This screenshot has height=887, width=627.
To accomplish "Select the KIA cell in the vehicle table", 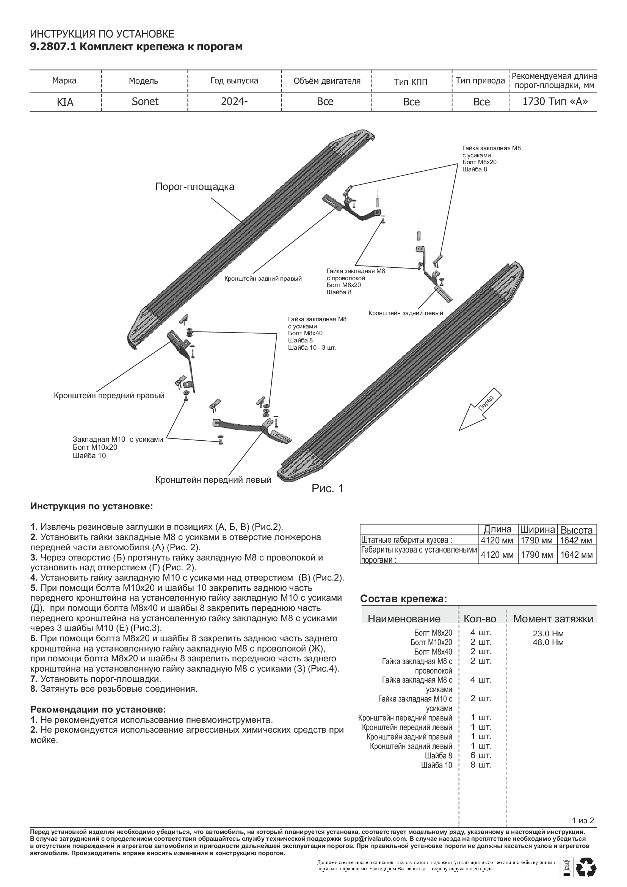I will coord(65,102).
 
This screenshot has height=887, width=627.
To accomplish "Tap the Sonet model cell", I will coord(145,102).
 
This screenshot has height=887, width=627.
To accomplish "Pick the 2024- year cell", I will coord(234,102).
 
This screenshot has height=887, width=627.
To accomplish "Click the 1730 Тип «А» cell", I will coord(555,102).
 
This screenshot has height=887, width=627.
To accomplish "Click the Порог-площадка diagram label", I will coord(194,187).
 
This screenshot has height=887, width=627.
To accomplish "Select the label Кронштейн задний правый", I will coord(263,279).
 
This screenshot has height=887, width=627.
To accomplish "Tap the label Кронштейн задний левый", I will coord(405,313).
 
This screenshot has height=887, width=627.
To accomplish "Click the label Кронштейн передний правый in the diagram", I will coord(109,396).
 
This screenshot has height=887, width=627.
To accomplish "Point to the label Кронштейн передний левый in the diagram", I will coord(213,480).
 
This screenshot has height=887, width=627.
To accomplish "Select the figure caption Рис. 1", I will coord(328,489).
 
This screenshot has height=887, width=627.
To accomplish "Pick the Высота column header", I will coord(577,530).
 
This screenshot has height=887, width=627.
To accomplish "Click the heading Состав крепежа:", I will coord(403,599).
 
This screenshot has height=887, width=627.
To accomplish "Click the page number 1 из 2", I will coord(583,831).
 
